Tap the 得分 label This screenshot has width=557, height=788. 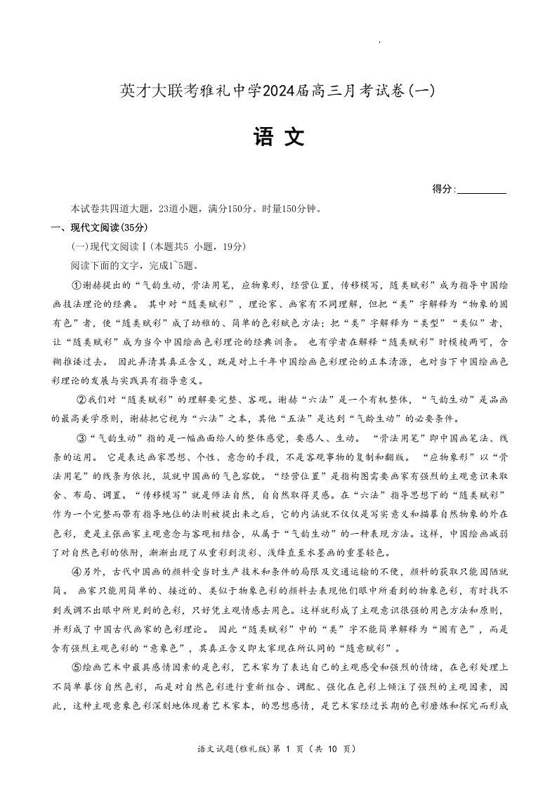[442, 189]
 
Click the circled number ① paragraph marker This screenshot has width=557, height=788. [77, 285]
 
